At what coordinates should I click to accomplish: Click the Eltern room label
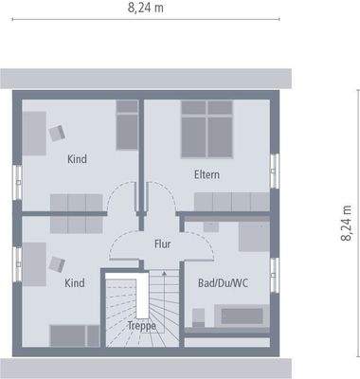(207, 174)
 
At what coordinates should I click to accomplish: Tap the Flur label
(162, 244)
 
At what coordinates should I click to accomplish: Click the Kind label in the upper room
(77, 159)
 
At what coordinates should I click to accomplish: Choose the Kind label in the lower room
(75, 282)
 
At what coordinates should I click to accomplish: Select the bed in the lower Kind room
(73, 334)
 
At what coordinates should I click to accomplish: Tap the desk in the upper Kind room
(33, 133)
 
